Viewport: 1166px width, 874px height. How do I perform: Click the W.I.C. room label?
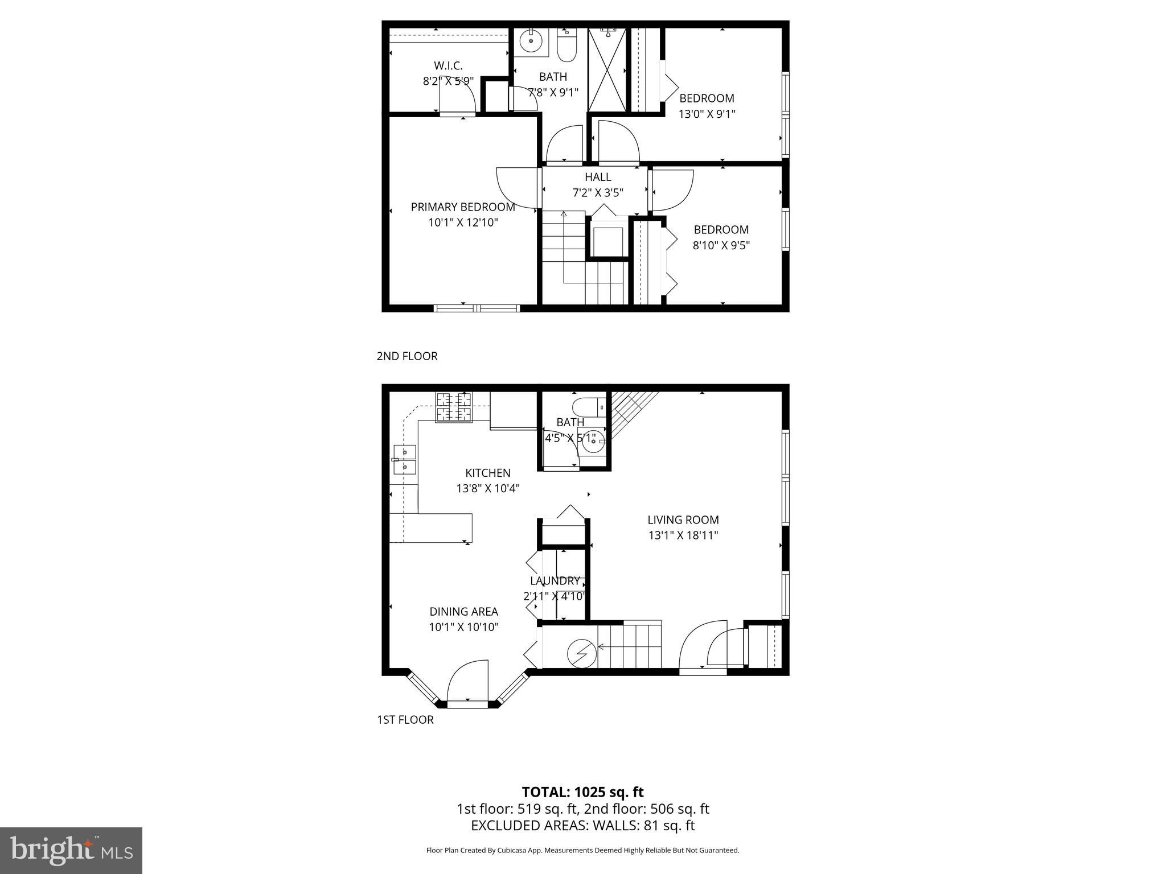point(448,65)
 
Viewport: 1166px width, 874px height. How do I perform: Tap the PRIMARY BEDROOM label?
point(463,207)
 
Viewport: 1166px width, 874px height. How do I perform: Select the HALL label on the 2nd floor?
point(597,177)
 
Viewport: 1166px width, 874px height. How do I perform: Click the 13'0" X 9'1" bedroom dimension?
point(707,114)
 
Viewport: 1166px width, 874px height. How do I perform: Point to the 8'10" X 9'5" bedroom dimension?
point(721,246)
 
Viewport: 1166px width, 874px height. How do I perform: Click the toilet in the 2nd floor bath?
point(566,47)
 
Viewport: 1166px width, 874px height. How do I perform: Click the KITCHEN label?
point(488,473)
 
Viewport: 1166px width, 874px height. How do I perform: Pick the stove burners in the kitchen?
point(454,407)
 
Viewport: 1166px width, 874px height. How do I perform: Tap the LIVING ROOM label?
point(683,520)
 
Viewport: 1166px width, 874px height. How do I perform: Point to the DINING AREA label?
point(463,612)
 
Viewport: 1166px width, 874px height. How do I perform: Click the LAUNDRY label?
point(555,581)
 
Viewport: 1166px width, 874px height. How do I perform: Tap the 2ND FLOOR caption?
point(407,356)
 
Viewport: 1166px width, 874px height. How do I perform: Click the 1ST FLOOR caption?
point(405,720)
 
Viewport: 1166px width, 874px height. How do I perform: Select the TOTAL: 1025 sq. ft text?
point(582,792)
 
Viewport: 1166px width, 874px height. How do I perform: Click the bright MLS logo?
point(71,850)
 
